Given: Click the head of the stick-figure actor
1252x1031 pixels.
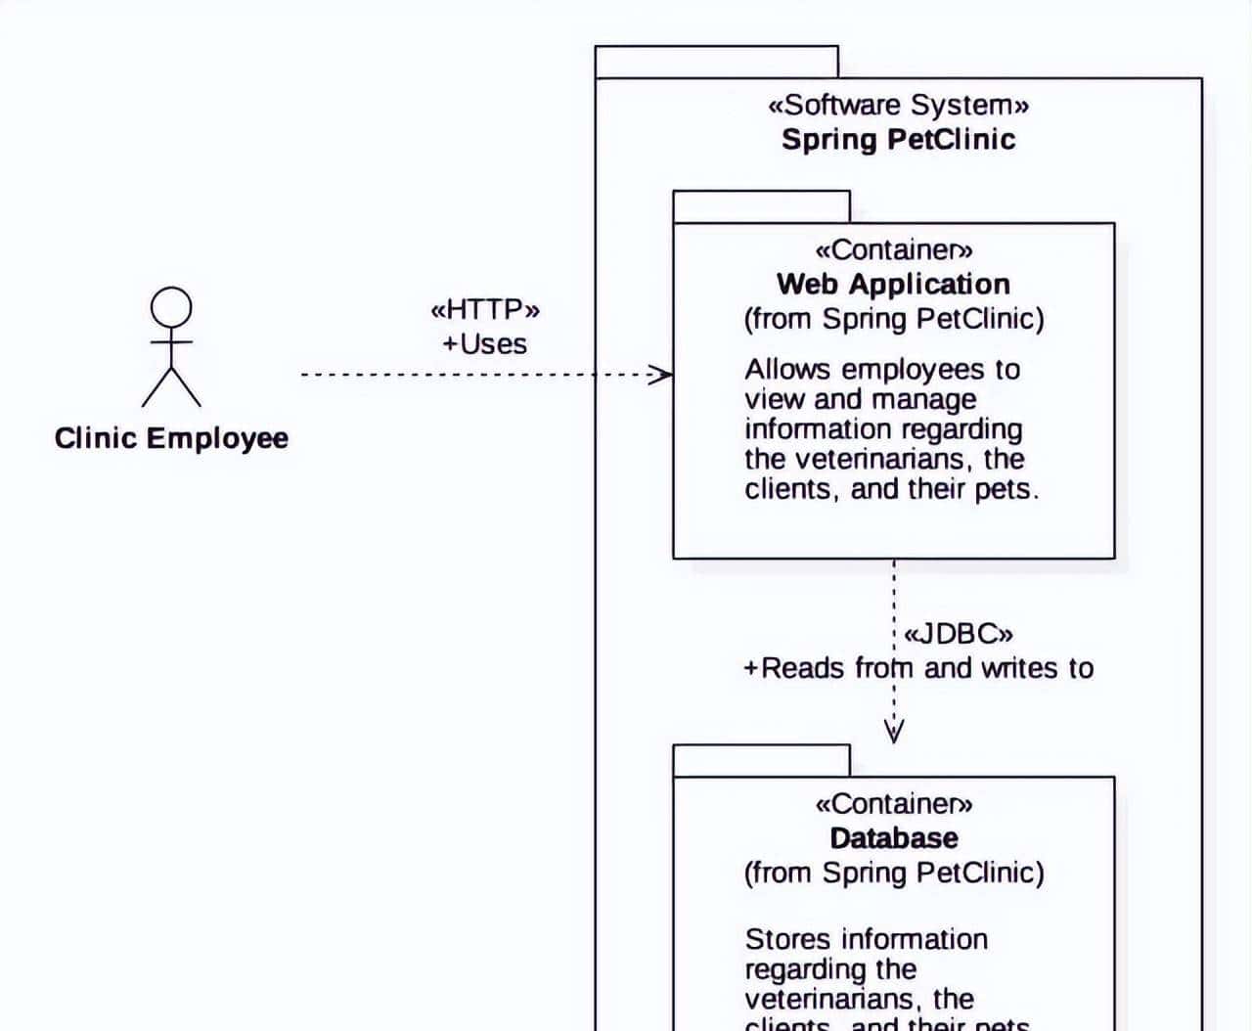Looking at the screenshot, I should [x=171, y=307].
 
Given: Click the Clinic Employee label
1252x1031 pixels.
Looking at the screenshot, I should [x=171, y=437].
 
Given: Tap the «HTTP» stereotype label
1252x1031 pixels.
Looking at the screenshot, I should [x=485, y=310].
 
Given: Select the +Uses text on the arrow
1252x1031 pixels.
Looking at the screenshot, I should [x=485, y=344].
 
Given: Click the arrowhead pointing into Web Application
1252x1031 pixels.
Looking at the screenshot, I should [x=663, y=374].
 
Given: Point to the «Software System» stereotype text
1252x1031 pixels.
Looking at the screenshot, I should [x=898, y=105].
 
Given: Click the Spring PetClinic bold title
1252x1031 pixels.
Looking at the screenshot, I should [x=898, y=139].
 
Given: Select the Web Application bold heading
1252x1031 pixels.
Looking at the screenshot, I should [x=893, y=284].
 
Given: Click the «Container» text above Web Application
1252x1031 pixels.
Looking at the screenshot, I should [x=893, y=250].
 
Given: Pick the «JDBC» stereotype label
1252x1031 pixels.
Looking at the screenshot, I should [x=958, y=634].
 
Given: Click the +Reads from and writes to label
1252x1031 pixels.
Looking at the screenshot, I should [x=918, y=668].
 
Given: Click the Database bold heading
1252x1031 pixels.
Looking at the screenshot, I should [x=893, y=838].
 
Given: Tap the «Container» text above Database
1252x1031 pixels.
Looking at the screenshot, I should [x=893, y=804].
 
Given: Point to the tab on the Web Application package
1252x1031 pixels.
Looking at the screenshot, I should [x=761, y=206].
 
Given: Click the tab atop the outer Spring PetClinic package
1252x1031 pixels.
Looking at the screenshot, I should [x=716, y=62].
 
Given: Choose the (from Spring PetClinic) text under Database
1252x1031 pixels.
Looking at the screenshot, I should [x=893, y=873].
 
